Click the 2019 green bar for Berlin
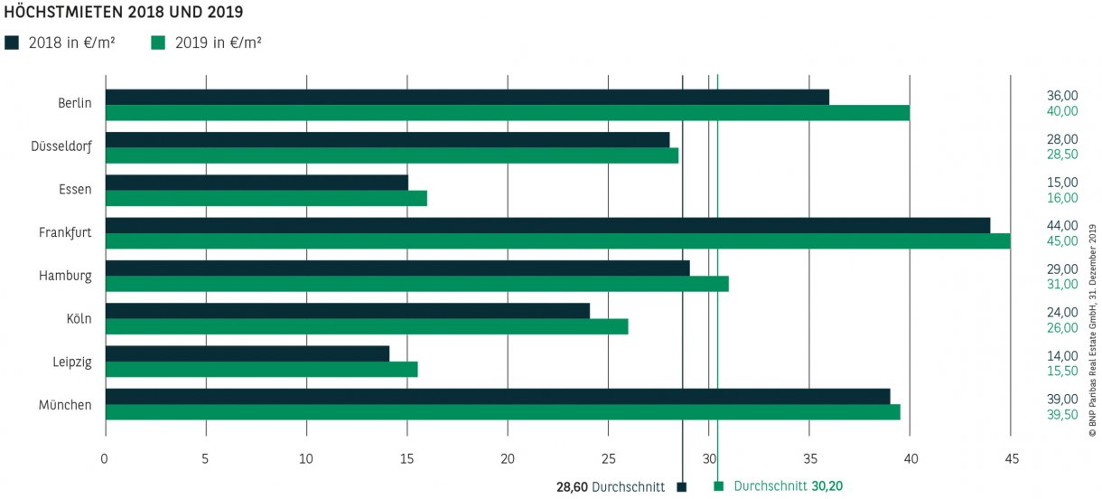click(507, 113)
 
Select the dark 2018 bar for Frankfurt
click(547, 225)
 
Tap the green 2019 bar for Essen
click(266, 199)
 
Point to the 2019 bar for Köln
click(367, 327)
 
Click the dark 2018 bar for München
click(497, 396)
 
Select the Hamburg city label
click(65, 276)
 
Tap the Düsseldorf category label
click(61, 146)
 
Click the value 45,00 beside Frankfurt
click(1062, 241)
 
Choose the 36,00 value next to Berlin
click(1062, 96)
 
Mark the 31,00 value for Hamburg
click(1062, 285)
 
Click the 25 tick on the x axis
click(608, 459)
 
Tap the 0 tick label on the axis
click(106, 459)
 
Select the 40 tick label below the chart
click(910, 459)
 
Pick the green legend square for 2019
click(157, 42)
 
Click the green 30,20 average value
click(826, 486)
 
